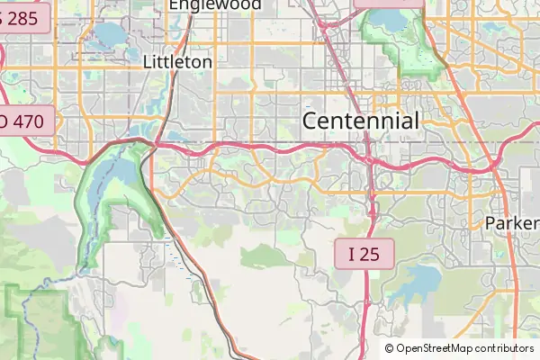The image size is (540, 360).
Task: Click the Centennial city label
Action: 361,121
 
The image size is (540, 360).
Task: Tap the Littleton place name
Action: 178,62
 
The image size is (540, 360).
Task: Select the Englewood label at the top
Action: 215,4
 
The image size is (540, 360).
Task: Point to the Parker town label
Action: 512,222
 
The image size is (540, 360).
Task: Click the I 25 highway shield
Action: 364,254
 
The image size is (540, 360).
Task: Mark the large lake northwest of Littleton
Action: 108,36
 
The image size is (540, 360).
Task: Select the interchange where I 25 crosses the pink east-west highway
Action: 369,158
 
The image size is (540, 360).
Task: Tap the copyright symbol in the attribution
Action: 390,348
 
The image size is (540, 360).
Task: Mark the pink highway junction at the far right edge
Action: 496,166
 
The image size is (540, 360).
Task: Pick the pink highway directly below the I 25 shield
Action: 366,306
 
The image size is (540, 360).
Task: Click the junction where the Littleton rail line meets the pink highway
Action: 157,143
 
